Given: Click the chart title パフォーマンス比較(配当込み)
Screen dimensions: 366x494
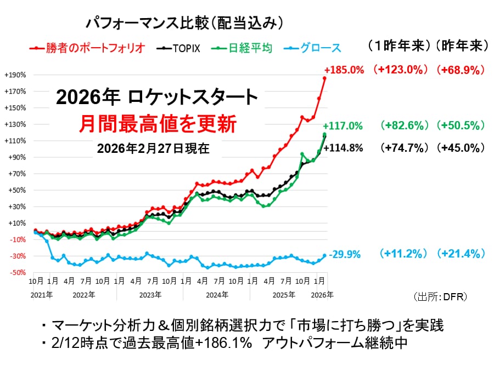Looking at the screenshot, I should coord(184,23).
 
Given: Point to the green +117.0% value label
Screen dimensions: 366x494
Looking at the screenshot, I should coord(343,126).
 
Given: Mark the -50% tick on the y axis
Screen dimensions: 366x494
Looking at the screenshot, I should coord(15,273).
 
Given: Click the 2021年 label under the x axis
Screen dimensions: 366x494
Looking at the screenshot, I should coord(42,294).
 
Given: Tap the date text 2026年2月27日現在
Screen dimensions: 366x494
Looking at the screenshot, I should coord(153,148).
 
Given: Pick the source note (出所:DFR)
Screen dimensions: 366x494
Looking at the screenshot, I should coord(440,296).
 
